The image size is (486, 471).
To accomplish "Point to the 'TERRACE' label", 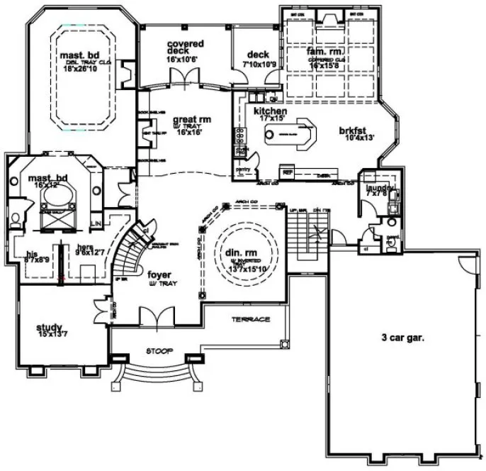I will click(251, 320).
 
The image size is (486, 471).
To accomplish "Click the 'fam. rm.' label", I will click(323, 52).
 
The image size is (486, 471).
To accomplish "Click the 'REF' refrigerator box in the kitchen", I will click(288, 172).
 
